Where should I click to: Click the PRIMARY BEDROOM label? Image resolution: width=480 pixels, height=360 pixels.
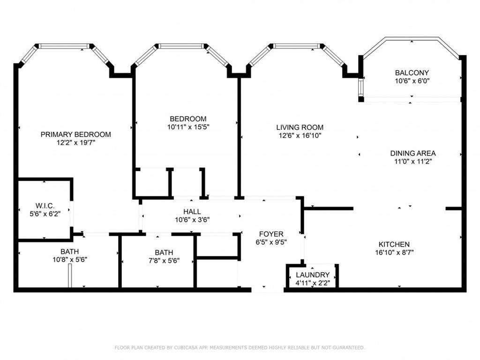pos(75,135)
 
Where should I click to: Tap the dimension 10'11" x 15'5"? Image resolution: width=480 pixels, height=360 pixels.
pos(188,127)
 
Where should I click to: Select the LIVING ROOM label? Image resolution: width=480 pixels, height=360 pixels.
pos(300,127)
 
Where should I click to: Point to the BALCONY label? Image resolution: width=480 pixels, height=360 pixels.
pos(412,73)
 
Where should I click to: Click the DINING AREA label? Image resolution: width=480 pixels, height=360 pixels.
pos(412,153)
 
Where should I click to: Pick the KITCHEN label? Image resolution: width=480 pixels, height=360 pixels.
pos(394,244)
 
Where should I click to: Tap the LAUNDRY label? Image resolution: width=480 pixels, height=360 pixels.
pos(313,275)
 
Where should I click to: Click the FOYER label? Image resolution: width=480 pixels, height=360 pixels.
pos(271,234)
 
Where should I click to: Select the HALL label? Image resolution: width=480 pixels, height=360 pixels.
pos(192,211)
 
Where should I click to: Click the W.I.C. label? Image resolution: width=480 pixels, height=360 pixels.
pos(45,206)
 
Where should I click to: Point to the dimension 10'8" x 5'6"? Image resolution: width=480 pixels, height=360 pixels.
pos(70,260)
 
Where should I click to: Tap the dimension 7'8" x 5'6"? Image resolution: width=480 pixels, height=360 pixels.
pos(164,261)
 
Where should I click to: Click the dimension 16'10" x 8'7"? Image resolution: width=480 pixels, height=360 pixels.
pos(394,253)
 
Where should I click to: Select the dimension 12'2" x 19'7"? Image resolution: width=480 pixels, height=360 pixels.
pos(76,142)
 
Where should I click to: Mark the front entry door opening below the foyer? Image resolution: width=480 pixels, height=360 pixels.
pos(268,290)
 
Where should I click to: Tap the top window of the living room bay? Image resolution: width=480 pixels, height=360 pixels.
pos(297,46)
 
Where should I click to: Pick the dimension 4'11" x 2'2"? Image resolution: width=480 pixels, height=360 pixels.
pos(313,283)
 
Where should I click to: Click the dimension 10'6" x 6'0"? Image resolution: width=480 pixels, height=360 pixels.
pos(412,81)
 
